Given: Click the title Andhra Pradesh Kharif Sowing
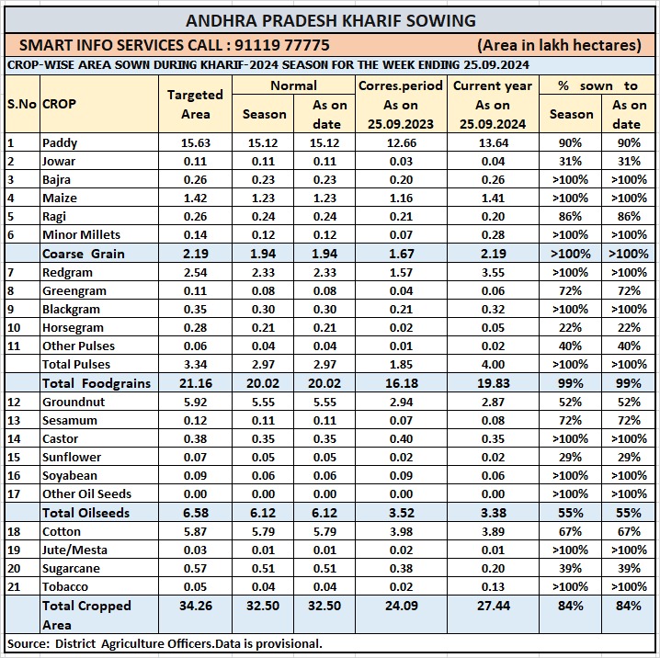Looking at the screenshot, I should click(x=331, y=20).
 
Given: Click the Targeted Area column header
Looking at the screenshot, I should click(x=195, y=104).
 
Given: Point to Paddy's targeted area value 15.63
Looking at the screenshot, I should click(x=195, y=142).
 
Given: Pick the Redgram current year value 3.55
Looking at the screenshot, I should click(x=493, y=272).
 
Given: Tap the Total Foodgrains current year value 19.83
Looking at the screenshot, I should click(x=493, y=382).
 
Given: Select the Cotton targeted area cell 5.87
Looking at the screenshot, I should click(x=195, y=531).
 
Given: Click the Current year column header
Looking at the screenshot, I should click(x=493, y=85).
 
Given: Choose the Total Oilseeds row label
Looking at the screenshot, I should click(x=85, y=513).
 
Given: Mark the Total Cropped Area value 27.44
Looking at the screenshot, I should click(x=493, y=606).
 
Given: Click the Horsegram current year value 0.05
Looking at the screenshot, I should click(x=493, y=327).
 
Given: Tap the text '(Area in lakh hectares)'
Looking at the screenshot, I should click(x=559, y=44).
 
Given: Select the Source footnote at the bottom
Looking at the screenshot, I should click(x=165, y=643).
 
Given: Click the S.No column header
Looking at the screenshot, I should click(x=20, y=104).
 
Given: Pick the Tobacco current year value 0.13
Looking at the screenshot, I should click(x=493, y=586).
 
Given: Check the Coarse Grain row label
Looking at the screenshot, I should click(x=83, y=254).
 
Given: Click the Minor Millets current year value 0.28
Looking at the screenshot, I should click(x=493, y=234).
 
